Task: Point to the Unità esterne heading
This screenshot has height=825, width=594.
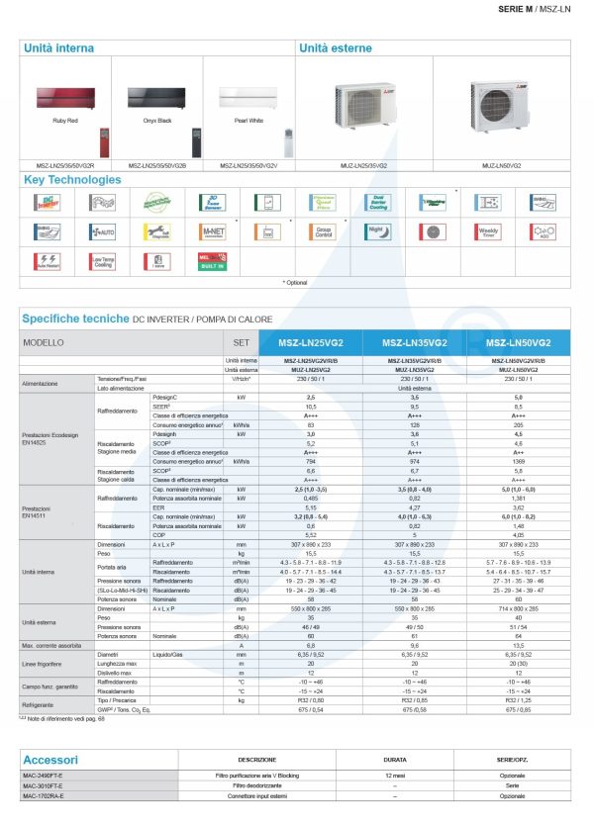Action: (337, 47)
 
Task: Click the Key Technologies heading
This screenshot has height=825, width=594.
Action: (73, 180)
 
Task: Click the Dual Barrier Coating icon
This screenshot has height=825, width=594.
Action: (377, 203)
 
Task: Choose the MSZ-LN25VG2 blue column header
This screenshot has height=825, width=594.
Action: (312, 342)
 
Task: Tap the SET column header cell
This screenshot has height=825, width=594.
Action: (238, 342)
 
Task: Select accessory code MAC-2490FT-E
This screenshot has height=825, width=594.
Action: (43, 785)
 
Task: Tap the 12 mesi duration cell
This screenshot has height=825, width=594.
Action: (395, 785)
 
